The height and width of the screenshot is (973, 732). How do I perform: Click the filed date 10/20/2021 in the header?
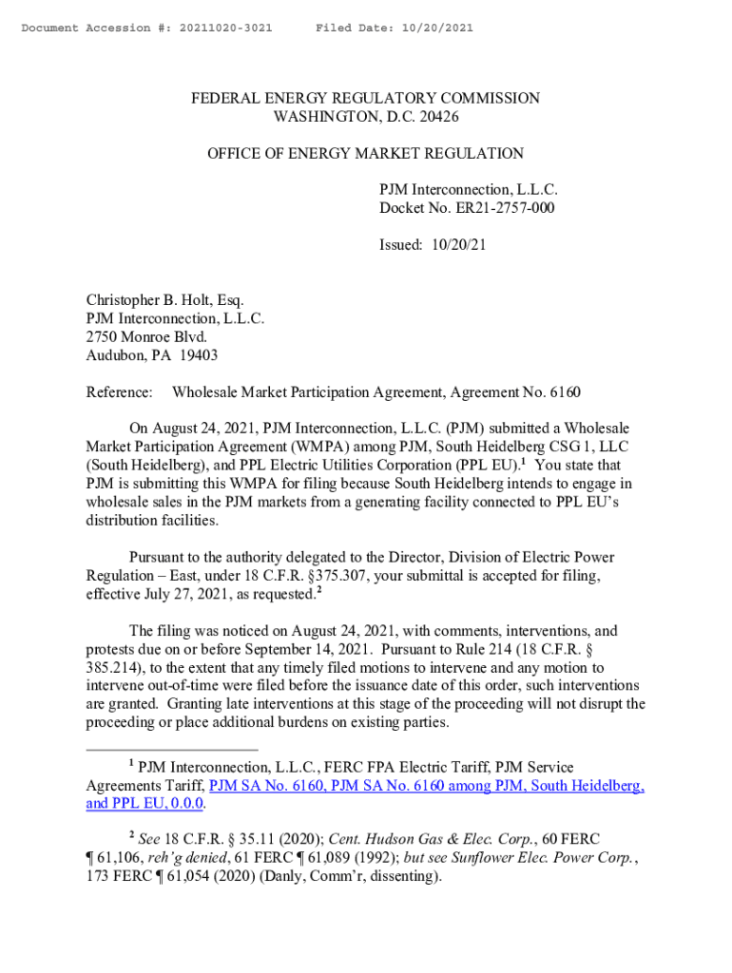coord(433,29)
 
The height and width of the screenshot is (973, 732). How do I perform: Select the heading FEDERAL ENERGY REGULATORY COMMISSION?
coord(366,99)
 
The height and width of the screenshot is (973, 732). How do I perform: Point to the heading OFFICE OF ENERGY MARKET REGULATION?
coord(366,153)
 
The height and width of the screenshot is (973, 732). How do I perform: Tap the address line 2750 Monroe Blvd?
coord(146,337)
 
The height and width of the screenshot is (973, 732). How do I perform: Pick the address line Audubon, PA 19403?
coord(152,355)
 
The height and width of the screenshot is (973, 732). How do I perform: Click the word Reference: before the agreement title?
coord(120,391)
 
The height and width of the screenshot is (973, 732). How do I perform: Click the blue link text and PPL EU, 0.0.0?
coord(145,804)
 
